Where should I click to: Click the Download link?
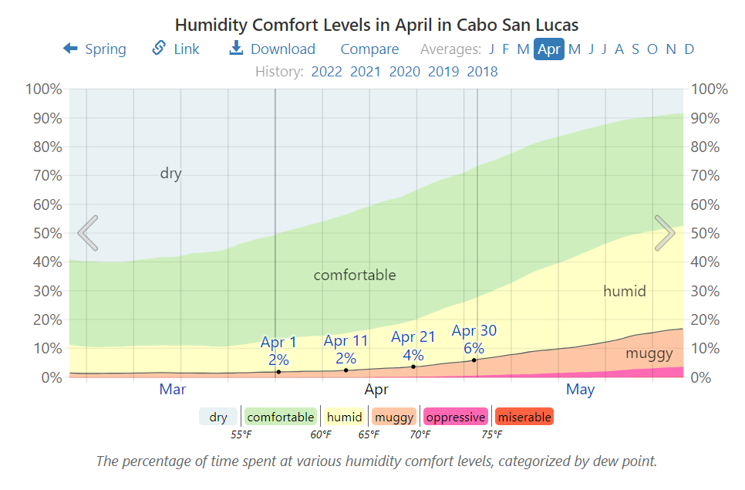272,49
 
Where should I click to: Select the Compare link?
369,49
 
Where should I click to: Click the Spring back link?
95,49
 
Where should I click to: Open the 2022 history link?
326,72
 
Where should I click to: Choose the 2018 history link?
482,72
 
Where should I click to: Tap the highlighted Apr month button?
549,49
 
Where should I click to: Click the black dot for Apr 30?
474,360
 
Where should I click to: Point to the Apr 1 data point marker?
278,372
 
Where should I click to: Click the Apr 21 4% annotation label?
413,346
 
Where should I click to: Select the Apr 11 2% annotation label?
346,349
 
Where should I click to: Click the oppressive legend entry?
455,417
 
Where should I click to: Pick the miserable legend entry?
524,417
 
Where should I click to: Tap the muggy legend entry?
394,417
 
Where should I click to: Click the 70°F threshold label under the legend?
420,435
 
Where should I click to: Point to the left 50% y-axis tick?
45,233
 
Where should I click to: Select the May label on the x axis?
580,390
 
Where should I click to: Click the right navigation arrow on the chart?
665,233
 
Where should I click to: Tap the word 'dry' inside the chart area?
170,174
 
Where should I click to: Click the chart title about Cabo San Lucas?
377,25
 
